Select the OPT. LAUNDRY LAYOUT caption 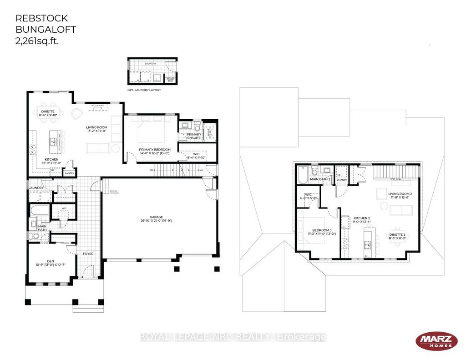pyautogui.click(x=144, y=90)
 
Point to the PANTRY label pyautogui.click(x=69, y=173)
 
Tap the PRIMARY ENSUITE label pyautogui.click(x=193, y=136)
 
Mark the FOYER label pyautogui.click(x=88, y=254)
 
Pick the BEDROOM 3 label pyautogui.click(x=319, y=230)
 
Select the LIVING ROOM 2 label pyautogui.click(x=399, y=194)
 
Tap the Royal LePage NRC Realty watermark pyautogui.click(x=233, y=337)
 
